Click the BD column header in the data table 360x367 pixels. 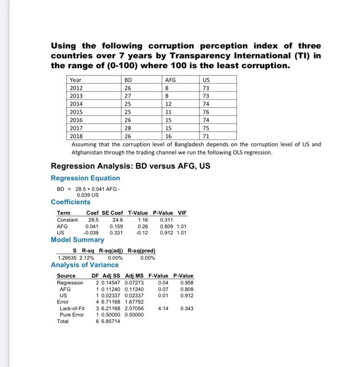click(x=128, y=80)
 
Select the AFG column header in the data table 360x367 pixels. click(x=171, y=80)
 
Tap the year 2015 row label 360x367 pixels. click(x=76, y=112)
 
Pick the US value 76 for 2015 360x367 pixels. click(x=206, y=112)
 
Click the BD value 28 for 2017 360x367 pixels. click(x=128, y=128)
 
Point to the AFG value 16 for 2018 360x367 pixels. click(x=168, y=136)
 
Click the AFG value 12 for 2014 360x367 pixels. click(x=168, y=104)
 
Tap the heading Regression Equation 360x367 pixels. click(x=85, y=178)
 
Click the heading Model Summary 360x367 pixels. click(x=77, y=240)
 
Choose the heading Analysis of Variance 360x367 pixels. click(x=84, y=265)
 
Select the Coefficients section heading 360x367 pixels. click(x=70, y=202)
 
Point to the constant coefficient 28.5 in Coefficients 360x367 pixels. click(x=93, y=220)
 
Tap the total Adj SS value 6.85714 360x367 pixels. click(x=110, y=321)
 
